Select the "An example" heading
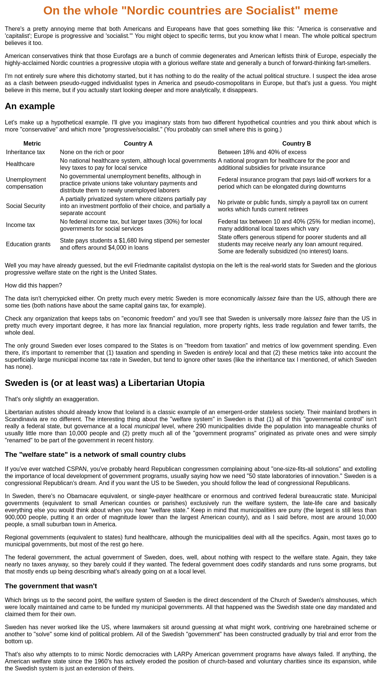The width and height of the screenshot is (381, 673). pyautogui.click(x=30, y=106)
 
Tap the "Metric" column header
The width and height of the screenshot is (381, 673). pyautogui.click(x=32, y=144)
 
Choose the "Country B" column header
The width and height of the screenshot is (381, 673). pyautogui.click(x=296, y=144)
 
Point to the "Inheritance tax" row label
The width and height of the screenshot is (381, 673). pyautogui.click(x=25, y=152)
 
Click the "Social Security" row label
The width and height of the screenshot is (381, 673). pyautogui.click(x=25, y=206)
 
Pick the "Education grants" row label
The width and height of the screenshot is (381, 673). pyautogui.click(x=28, y=244)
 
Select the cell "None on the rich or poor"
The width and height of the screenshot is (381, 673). pyautogui.click(x=92, y=152)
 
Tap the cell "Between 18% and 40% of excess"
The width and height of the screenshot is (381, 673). pyautogui.click(x=262, y=152)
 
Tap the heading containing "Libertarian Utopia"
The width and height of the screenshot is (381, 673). pyautogui.click(x=104, y=383)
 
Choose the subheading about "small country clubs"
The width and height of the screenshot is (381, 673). pyautogui.click(x=95, y=455)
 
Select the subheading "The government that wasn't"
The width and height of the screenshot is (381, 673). pyautogui.click(x=51, y=586)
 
